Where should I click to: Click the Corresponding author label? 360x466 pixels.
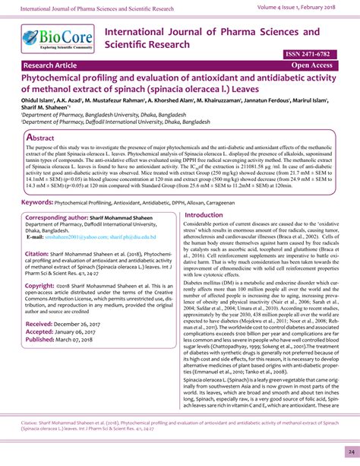[64, 196]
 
